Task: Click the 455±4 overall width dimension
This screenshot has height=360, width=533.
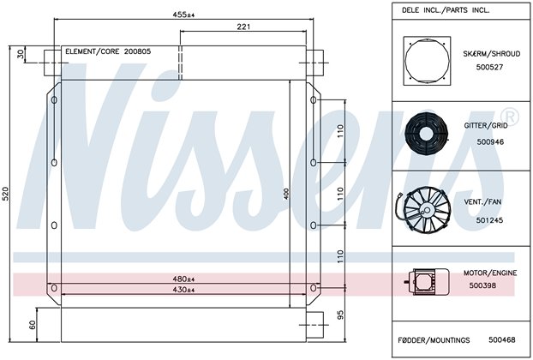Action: pos(183,15)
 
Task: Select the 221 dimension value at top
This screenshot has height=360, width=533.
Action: pos(243,27)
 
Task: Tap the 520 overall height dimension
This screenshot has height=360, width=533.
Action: pos(6,194)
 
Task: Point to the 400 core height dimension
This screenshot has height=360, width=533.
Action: pos(286,194)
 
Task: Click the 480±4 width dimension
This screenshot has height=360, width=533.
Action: pos(183,279)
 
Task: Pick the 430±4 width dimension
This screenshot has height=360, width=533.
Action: pos(183,290)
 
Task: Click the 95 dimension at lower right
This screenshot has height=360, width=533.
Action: pos(340,315)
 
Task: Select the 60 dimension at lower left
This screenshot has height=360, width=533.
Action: pos(33,325)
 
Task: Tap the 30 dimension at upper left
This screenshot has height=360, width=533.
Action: pos(21,54)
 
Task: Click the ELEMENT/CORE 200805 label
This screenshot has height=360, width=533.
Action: pos(108,51)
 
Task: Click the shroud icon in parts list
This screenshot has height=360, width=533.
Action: pos(427,61)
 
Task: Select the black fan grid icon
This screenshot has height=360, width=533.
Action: pos(425,134)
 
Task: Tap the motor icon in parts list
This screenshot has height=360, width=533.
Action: pos(427,281)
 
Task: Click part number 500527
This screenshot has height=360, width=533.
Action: pos(489,67)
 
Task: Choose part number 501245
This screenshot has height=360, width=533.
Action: pos(489,220)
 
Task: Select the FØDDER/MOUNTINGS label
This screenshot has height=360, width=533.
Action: pos(434,340)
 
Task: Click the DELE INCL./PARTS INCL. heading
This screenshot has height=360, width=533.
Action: pos(446,10)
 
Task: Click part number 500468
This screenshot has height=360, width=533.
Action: pos(502,339)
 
